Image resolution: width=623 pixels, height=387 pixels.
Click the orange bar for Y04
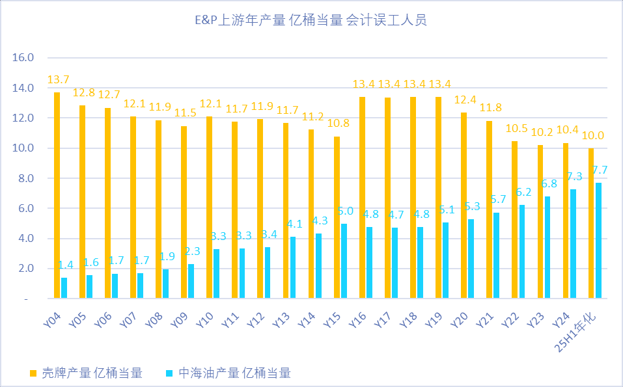[x=57, y=195]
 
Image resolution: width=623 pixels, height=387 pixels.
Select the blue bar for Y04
[x=64, y=288]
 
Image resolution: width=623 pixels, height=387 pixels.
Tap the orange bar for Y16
[x=363, y=198]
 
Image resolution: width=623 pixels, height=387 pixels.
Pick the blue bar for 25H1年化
[x=598, y=241]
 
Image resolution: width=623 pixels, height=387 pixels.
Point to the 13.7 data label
[x=58, y=80]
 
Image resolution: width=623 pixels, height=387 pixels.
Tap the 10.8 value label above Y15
[x=337, y=124]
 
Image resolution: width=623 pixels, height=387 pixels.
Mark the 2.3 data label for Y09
[x=192, y=251]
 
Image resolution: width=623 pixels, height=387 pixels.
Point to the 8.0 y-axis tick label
[x=26, y=178]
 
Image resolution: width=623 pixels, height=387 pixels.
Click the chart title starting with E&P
[x=311, y=21]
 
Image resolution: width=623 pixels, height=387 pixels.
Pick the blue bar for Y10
[x=217, y=274]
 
